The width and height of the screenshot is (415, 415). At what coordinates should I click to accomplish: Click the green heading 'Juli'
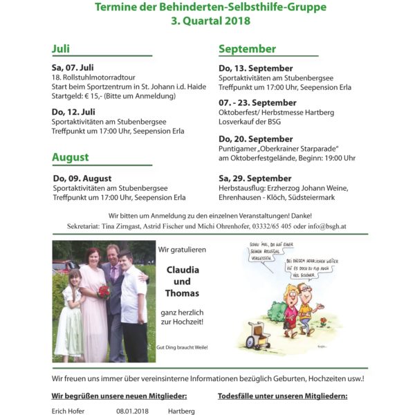61,49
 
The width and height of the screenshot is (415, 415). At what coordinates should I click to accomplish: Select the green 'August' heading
70,157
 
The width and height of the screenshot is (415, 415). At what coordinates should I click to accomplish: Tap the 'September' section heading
247,49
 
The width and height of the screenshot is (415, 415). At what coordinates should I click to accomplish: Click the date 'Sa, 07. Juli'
73,67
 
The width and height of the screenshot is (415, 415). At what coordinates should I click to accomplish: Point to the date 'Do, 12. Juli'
73,111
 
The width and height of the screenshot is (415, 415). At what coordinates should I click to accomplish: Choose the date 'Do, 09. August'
82,178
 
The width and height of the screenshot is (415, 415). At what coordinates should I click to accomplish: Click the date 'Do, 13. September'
255,67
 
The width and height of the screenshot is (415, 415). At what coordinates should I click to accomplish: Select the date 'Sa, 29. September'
255,178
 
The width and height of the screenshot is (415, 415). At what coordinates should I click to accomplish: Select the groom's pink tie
113,273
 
